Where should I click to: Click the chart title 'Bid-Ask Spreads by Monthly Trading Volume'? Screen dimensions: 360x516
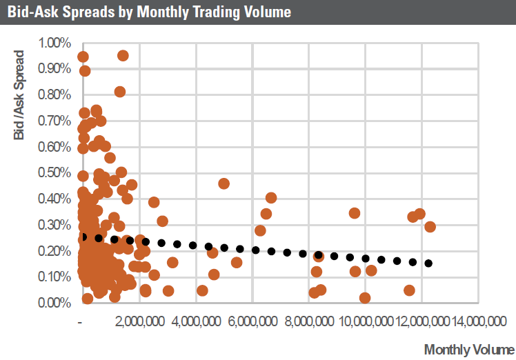click(149, 12)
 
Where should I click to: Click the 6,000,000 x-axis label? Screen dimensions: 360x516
click(252, 321)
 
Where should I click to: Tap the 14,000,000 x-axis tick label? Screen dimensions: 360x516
click(477, 321)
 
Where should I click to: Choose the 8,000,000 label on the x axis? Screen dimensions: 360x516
click(309, 321)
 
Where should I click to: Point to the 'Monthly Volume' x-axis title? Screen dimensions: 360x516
click(468, 349)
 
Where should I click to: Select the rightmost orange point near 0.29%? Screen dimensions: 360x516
click(430, 227)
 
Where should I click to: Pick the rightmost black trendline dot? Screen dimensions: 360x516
click(428, 263)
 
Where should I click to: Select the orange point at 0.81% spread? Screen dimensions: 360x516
click(120, 92)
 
